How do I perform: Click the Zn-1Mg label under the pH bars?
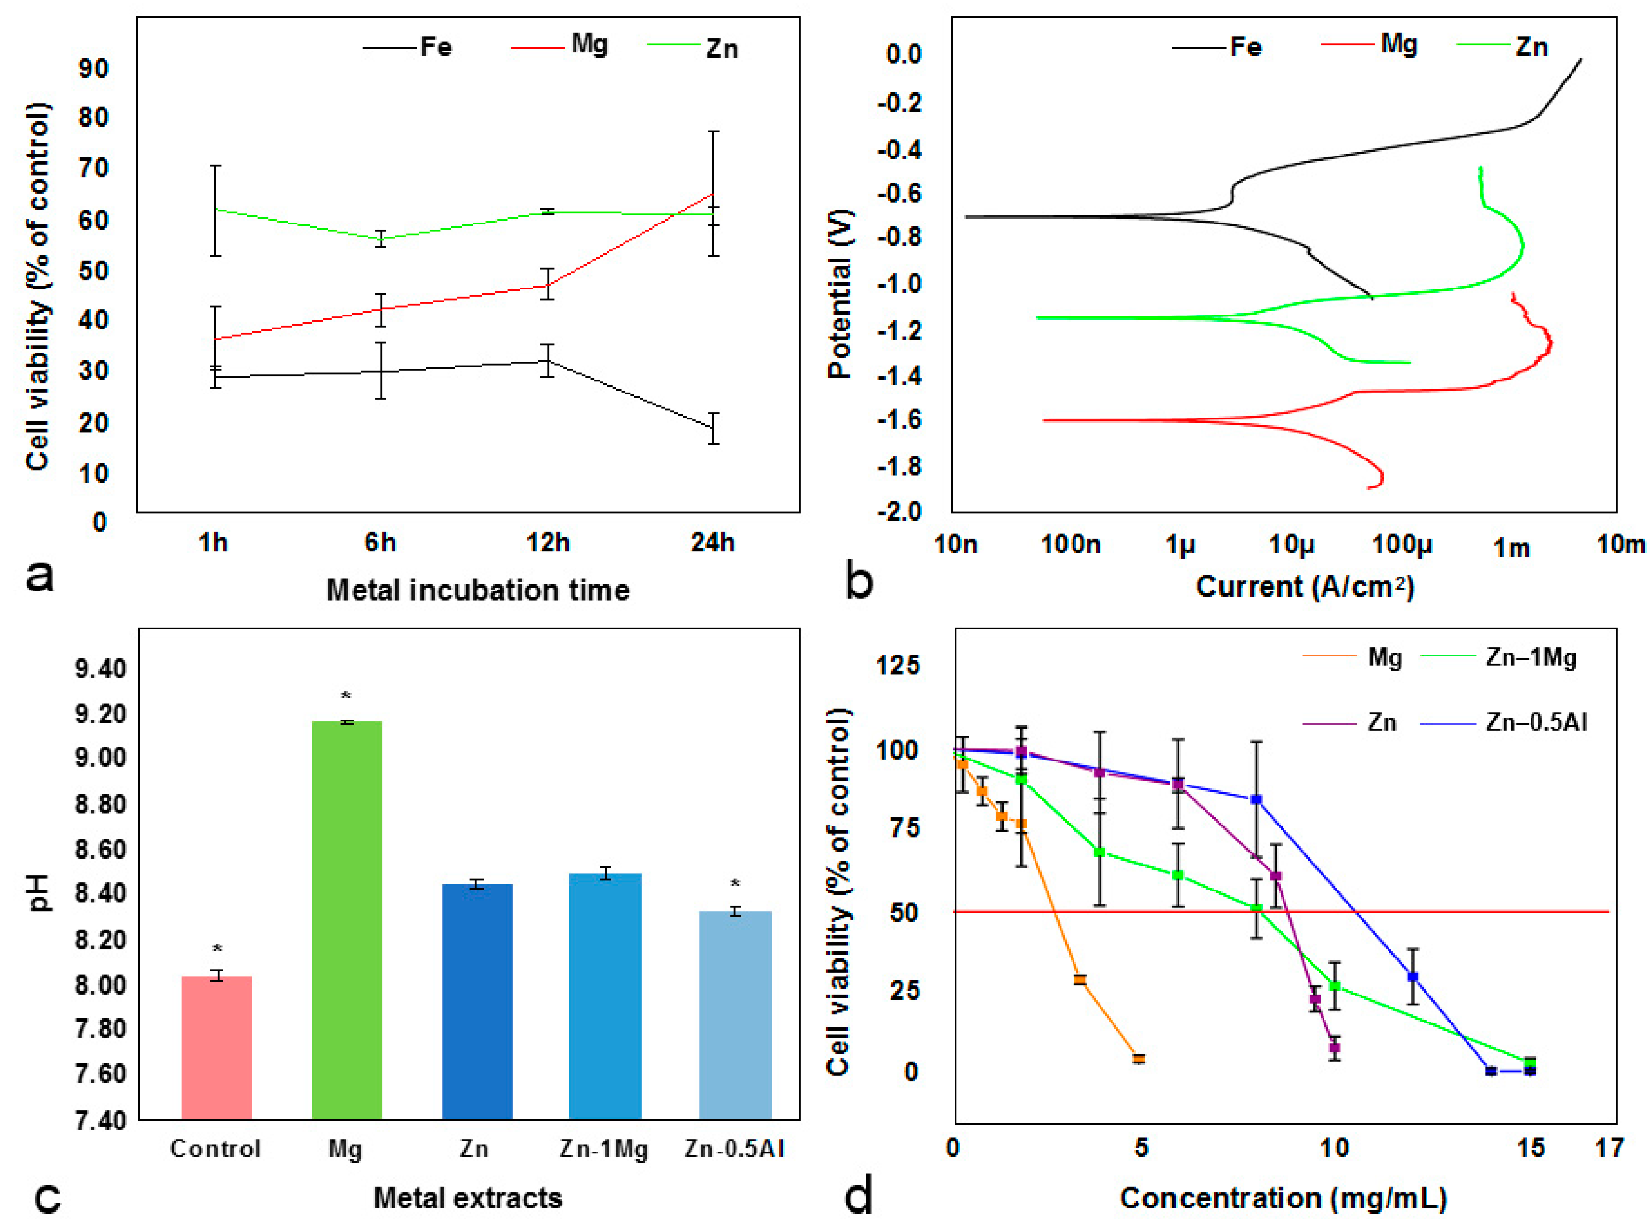click(x=603, y=1149)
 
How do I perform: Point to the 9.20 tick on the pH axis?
click(x=101, y=714)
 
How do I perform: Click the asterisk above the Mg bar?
click(x=346, y=696)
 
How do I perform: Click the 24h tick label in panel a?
click(x=712, y=543)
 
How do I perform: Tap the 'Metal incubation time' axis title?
click(x=478, y=590)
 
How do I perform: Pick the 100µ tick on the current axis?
click(x=1401, y=545)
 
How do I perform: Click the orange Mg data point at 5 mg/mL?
click(x=1139, y=1058)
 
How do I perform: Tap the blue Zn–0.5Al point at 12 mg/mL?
click(x=1412, y=977)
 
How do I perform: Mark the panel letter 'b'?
click(x=858, y=581)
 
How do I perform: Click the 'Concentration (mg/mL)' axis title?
click(x=1283, y=1198)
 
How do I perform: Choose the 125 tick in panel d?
click(x=898, y=665)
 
